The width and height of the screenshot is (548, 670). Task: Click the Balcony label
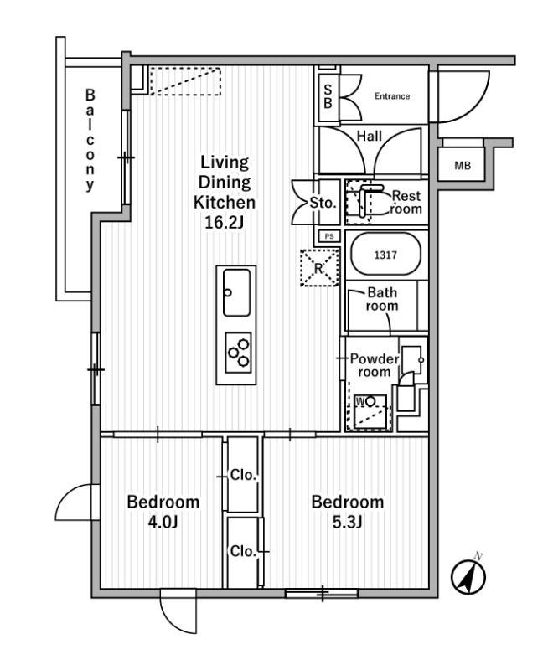pyautogui.click(x=90, y=141)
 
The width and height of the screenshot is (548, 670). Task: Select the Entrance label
pyautogui.click(x=391, y=96)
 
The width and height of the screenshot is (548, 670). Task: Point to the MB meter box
pyautogui.click(x=463, y=166)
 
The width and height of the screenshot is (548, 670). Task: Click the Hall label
pyautogui.click(x=370, y=136)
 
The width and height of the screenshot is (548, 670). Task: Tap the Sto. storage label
pyautogui.click(x=323, y=203)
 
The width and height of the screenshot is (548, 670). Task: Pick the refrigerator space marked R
pyautogui.click(x=318, y=269)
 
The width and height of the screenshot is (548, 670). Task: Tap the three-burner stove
pyautogui.click(x=239, y=349)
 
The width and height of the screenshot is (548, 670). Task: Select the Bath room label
pyautogui.click(x=382, y=299)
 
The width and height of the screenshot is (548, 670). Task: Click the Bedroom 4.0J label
pyautogui.click(x=163, y=511)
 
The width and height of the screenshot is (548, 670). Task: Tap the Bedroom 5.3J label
pyautogui.click(x=348, y=511)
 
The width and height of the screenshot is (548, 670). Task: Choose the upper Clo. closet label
pyautogui.click(x=244, y=476)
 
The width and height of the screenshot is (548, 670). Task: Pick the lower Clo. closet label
pyautogui.click(x=243, y=552)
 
